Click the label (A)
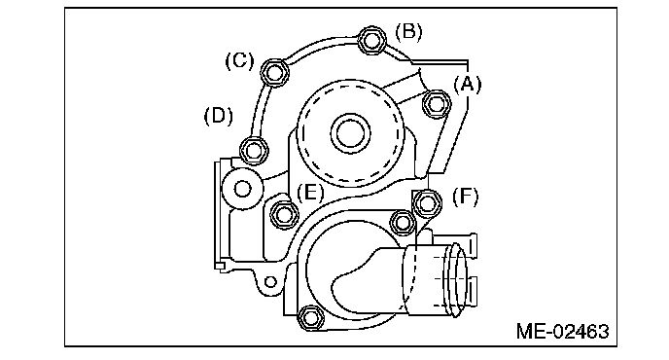(467, 84)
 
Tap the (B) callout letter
(408, 31)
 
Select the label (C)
(239, 60)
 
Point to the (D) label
(219, 116)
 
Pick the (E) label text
(310, 193)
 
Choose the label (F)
(465, 196)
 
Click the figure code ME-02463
(562, 331)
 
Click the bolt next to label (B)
(371, 40)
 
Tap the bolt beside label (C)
(274, 72)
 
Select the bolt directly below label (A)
(437, 104)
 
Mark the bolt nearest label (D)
(255, 150)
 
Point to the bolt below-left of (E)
(284, 213)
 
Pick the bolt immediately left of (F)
(428, 202)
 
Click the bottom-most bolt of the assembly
(310, 318)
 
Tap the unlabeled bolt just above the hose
(403, 222)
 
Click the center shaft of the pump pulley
(350, 133)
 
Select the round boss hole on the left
(243, 189)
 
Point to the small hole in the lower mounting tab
(270, 282)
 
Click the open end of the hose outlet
(457, 279)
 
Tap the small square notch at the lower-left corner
(220, 266)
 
